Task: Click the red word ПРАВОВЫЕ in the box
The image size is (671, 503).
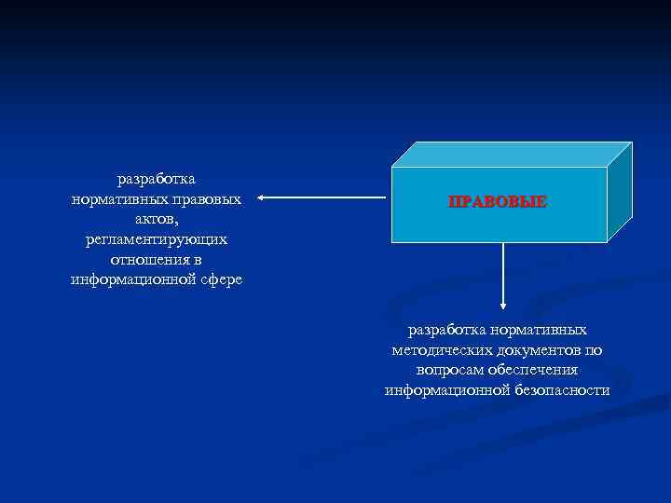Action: [497, 201]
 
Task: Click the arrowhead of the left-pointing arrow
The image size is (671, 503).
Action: [262, 197]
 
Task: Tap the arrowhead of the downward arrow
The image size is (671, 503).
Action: [503, 304]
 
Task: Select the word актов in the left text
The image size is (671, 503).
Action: [155, 219]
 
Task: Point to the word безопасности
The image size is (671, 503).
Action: [562, 390]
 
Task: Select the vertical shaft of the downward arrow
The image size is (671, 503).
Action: [503, 270]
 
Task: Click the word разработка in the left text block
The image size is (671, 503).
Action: [156, 178]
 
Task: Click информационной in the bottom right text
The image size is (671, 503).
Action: [446, 390]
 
